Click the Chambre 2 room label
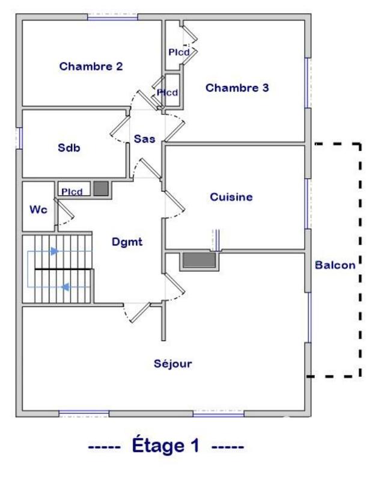[91, 67]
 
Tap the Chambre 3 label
[237, 88]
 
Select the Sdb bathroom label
[69, 147]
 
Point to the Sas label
[144, 139]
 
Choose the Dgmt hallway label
[126, 242]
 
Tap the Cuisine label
[231, 197]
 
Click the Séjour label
[172, 363]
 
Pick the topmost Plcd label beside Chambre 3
[179, 53]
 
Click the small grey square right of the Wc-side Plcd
[102, 189]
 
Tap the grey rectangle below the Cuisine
[199, 260]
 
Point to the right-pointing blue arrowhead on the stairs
[55, 251]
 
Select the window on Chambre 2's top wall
[112, 17]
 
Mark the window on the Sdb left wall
[19, 138]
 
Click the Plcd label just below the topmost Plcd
[168, 93]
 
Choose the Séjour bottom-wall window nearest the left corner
[84, 413]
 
